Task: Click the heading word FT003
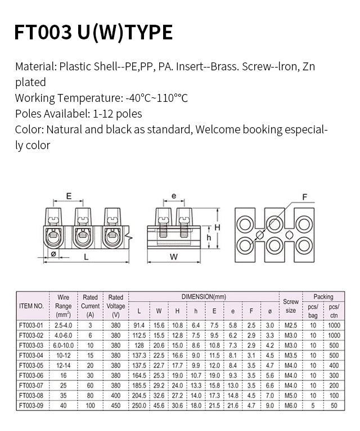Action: (x=41, y=32)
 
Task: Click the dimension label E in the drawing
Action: (x=69, y=196)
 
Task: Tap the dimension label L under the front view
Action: (x=85, y=256)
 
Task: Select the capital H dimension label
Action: (x=215, y=226)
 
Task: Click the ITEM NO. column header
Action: (x=31, y=306)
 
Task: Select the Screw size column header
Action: (x=291, y=306)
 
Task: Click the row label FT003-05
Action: (x=31, y=365)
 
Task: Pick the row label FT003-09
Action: (x=31, y=405)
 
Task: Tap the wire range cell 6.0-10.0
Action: (x=64, y=345)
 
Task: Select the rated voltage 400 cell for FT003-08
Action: (x=115, y=395)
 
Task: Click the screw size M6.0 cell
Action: (x=291, y=405)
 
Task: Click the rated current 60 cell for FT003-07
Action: (x=90, y=385)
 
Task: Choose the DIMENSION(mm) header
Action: (x=204, y=296)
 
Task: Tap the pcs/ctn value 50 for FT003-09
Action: (x=334, y=405)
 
